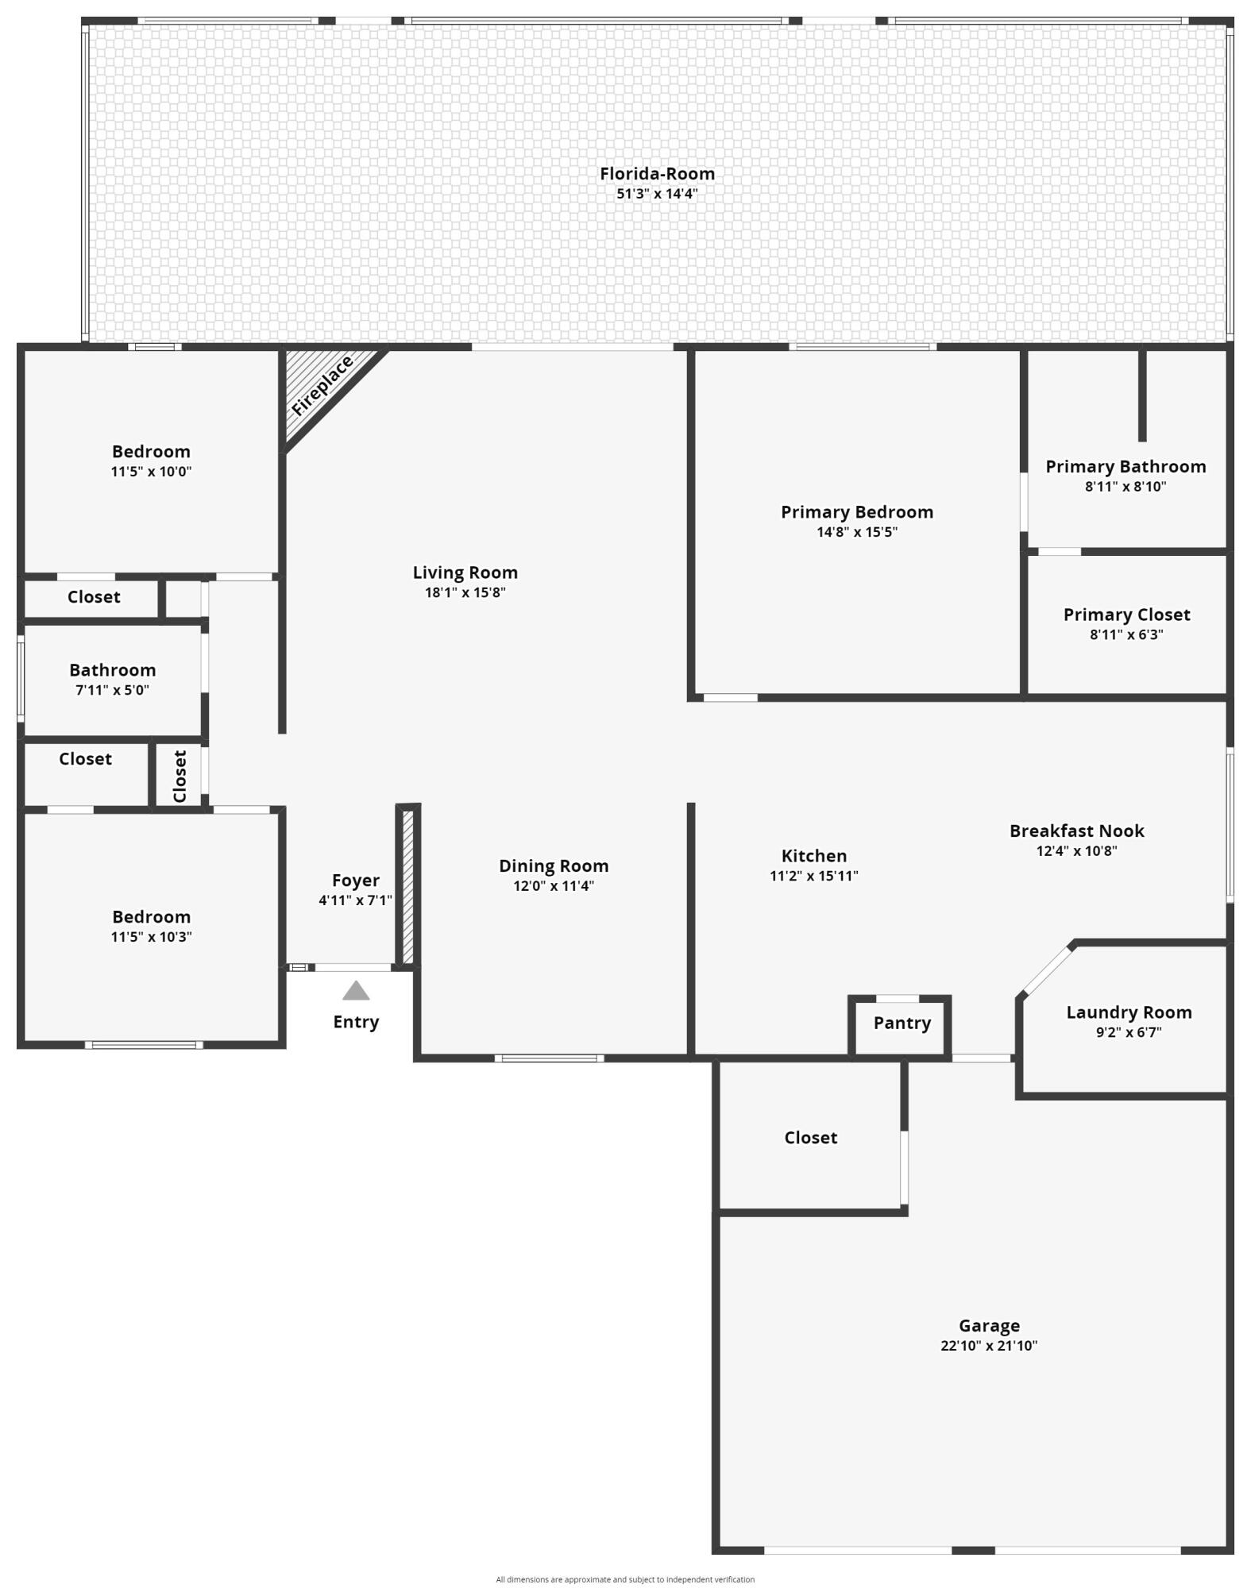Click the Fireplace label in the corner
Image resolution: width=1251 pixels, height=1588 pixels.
[322, 387]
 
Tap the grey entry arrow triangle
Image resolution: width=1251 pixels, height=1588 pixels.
[356, 991]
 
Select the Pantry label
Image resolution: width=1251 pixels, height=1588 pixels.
[902, 1023]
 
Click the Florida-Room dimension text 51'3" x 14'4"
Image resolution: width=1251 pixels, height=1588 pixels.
[657, 194]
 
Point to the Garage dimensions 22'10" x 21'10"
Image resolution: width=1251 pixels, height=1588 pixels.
[989, 1346]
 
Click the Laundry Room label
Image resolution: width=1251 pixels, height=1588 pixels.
[1129, 1012]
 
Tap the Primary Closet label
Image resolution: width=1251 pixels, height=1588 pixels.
[1126, 615]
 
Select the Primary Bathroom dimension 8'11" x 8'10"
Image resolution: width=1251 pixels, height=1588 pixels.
[1126, 487]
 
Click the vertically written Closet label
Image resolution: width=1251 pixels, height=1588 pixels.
[180, 777]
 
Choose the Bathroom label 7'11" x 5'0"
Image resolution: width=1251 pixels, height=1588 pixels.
[112, 670]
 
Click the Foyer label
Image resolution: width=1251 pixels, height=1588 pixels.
[355, 881]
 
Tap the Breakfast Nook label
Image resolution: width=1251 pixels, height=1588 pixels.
[1076, 831]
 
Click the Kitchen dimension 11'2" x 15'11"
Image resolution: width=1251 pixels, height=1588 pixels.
[813, 877]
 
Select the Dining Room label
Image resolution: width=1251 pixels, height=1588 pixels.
[554, 866]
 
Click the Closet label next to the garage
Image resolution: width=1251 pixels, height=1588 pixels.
[810, 1138]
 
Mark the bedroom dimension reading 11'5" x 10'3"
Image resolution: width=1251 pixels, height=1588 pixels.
[151, 937]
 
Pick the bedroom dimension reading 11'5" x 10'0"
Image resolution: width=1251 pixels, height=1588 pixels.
[151, 472]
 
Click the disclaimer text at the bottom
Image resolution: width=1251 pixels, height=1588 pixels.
[625, 1579]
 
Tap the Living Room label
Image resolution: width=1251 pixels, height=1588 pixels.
[465, 572]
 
